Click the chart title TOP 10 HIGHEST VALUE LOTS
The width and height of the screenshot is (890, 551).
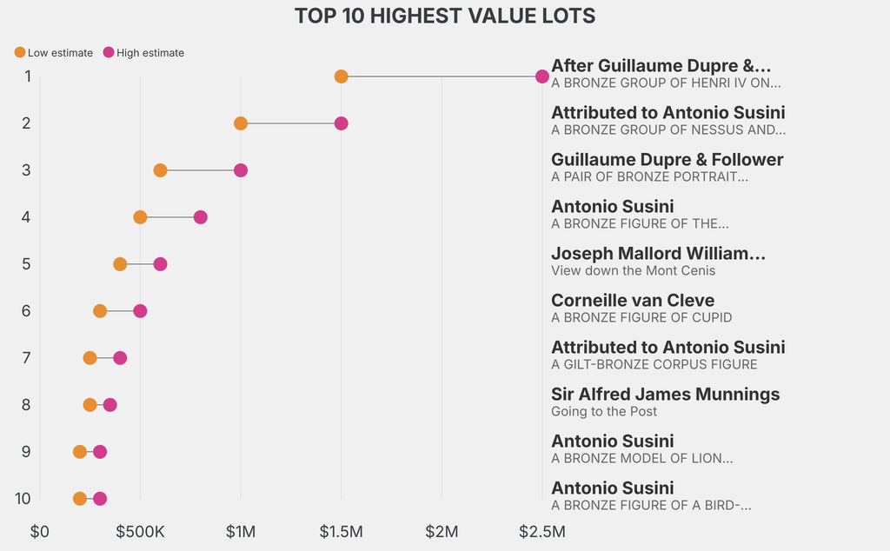click(x=444, y=16)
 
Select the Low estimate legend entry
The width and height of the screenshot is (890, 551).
click(x=54, y=53)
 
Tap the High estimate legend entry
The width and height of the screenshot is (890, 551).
click(x=143, y=53)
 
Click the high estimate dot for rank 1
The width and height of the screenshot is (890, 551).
click(x=542, y=76)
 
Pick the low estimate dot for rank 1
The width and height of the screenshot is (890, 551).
click(x=341, y=76)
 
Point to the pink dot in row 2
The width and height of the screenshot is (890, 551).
click(x=341, y=123)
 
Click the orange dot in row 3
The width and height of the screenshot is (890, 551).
click(x=160, y=170)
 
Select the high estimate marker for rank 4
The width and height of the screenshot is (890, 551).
click(x=200, y=217)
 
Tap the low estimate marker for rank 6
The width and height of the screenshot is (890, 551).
click(x=100, y=311)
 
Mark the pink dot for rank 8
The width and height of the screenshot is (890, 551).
click(x=110, y=405)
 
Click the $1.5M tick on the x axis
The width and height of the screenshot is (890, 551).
click(x=341, y=531)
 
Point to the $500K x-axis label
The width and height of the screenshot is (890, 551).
click(x=140, y=531)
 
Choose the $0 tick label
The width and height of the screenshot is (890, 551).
click(x=39, y=531)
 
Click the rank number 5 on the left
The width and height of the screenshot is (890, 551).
click(x=27, y=264)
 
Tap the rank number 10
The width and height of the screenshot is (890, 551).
click(x=23, y=499)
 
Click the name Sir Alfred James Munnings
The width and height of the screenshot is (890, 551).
click(x=665, y=395)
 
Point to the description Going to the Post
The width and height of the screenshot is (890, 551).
click(x=604, y=412)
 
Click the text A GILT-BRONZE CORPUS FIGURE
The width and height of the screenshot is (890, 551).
click(x=654, y=365)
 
